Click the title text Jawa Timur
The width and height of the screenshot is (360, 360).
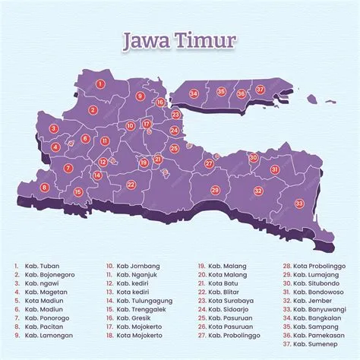180,39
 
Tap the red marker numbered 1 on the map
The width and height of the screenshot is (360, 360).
100,84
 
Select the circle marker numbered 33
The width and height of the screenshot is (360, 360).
299,204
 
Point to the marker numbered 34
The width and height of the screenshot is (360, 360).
194,93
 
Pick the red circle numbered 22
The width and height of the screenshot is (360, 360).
131,185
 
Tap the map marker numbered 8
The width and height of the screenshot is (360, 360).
45,187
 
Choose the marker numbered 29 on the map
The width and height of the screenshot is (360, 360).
215,190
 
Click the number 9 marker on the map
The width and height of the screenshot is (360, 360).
140,96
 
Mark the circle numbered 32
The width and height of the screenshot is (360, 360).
258,191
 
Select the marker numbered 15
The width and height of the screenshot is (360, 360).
78,192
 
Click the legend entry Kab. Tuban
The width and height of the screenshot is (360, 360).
40,267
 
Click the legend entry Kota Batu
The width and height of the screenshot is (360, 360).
222,283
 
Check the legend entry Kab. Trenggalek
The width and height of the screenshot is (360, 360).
136,309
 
